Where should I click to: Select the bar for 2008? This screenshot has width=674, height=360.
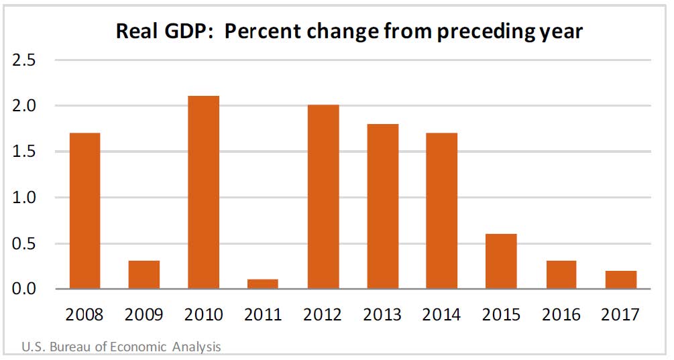coord(85,211)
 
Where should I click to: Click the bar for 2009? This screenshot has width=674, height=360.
coord(144,275)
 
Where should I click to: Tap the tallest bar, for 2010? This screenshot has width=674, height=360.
coord(204,193)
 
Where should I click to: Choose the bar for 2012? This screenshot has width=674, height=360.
coord(323,197)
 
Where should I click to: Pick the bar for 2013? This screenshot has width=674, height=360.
coord(383,206)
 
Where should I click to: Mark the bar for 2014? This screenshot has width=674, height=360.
coord(442,211)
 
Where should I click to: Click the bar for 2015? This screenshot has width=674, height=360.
coord(502,261)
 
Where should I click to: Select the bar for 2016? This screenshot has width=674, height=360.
coord(561,275)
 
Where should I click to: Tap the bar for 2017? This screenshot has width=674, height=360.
coord(621,280)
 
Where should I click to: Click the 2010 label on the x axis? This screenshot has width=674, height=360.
coord(204,314)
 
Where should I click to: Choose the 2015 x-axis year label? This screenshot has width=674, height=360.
coord(502,314)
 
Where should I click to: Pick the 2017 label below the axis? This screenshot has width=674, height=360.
coord(621,314)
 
